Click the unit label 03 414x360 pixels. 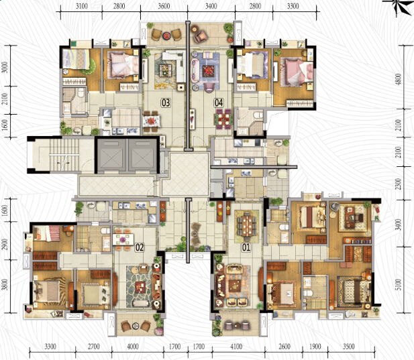click(166, 103)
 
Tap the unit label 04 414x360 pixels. click(219, 103)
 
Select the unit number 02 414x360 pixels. click(140, 247)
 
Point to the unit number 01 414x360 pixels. click(246, 247)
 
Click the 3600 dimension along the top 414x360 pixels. click(164, 6)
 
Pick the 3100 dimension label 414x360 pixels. click(82, 6)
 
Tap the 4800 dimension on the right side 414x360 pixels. click(399, 79)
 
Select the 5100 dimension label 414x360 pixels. click(399, 284)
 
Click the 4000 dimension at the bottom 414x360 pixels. click(133, 347)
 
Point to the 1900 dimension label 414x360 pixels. click(315, 347)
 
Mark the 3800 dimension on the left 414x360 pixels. click(5, 284)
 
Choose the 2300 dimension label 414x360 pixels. click(399, 184)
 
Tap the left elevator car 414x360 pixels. click(111, 156)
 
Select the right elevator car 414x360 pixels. click(142, 156)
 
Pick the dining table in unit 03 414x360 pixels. click(151, 121)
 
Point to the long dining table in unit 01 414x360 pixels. click(247, 226)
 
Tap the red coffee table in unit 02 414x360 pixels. click(140, 287)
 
